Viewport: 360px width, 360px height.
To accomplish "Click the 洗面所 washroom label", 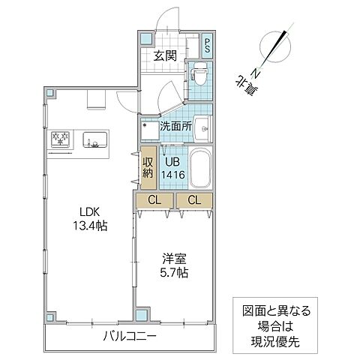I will coord(175,126).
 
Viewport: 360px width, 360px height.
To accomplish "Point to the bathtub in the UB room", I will coord(199,169).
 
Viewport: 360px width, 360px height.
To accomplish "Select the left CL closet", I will coord(154,199).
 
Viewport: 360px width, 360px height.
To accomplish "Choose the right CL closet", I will coord(194,199).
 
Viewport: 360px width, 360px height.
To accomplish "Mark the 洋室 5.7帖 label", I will coord(173,266).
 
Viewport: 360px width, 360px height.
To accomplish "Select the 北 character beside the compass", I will coord(243,85).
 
